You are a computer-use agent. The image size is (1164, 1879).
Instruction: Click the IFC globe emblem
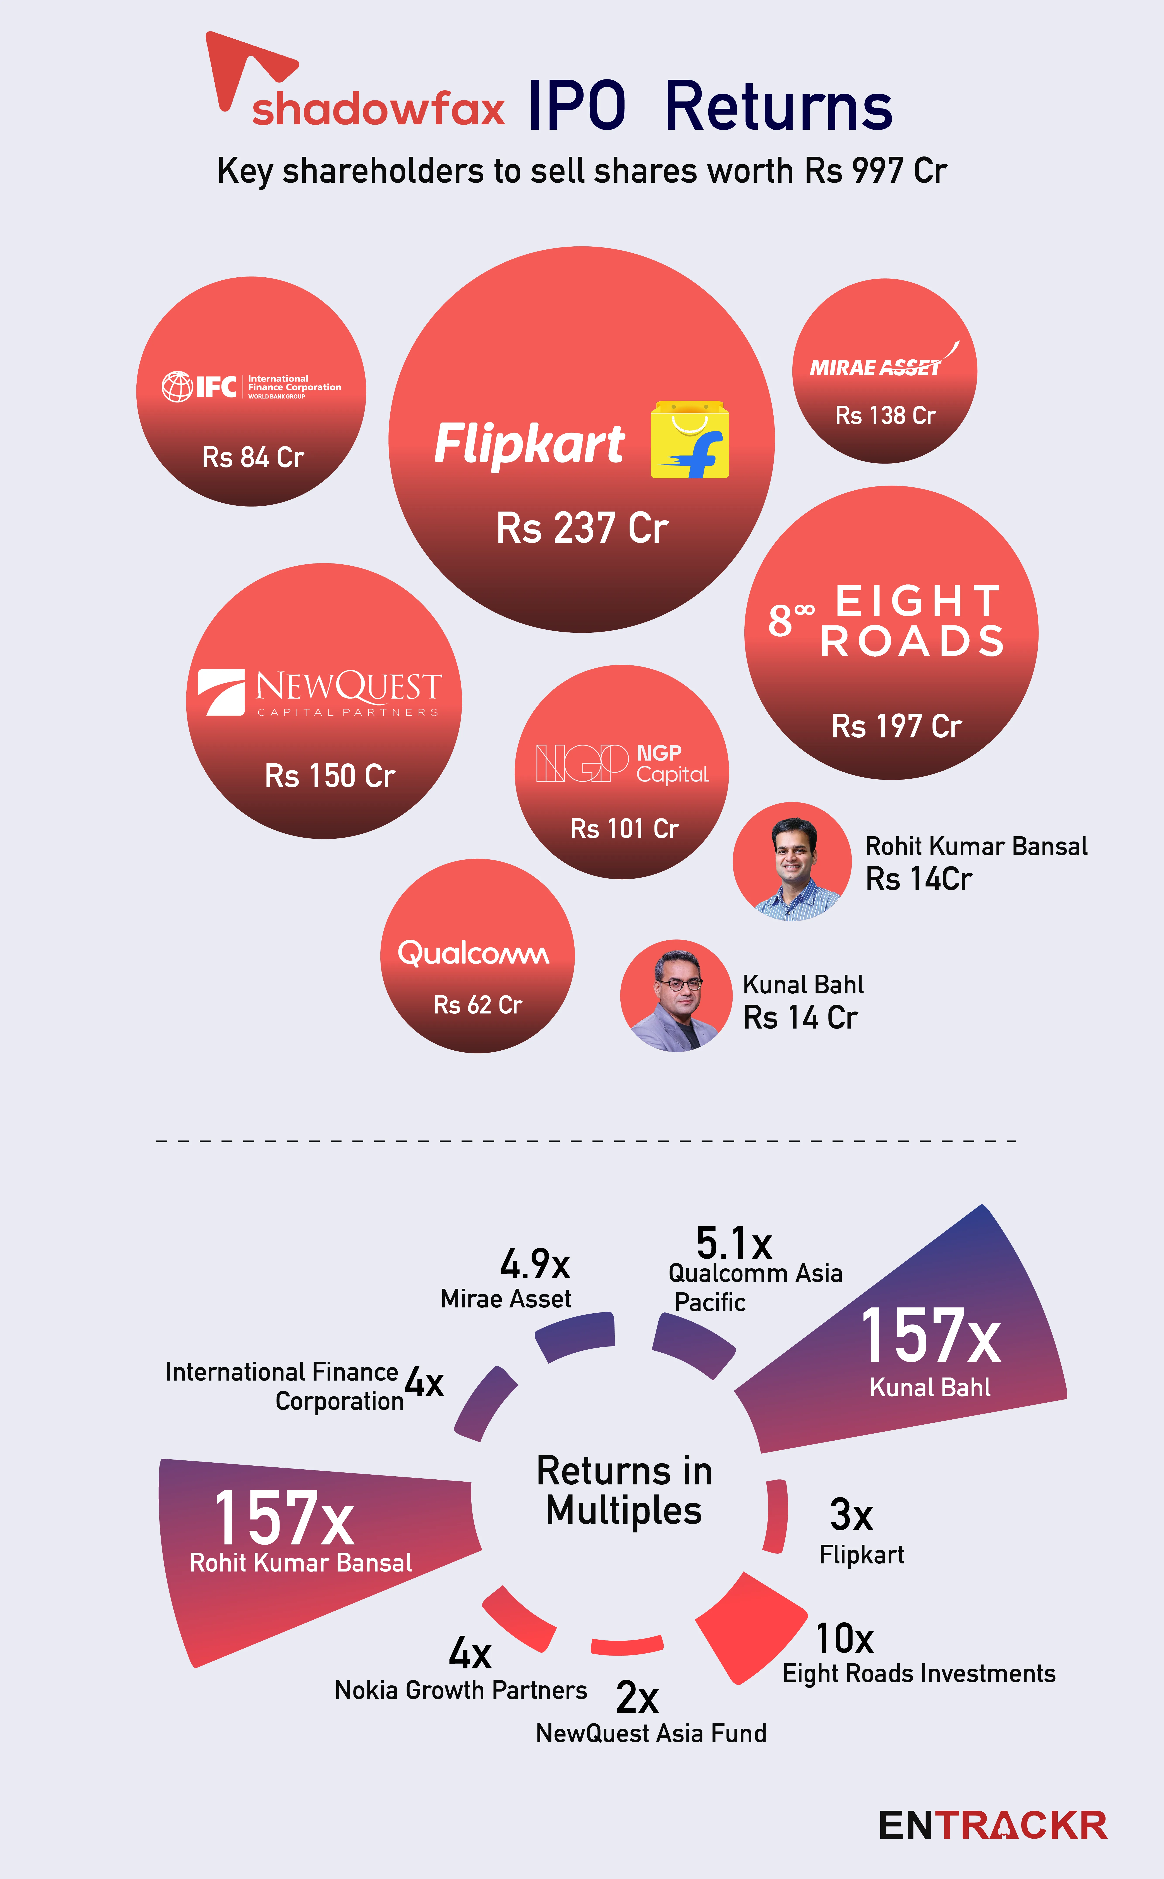click(x=177, y=386)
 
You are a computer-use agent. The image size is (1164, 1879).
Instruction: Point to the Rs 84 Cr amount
click(x=252, y=457)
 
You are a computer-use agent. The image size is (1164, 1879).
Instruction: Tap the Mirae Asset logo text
click(x=876, y=367)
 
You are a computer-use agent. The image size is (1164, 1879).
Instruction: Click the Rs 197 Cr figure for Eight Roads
click(x=896, y=726)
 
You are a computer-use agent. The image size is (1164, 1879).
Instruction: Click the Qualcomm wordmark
click(x=474, y=954)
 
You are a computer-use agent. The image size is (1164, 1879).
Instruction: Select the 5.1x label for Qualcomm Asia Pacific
click(x=734, y=1243)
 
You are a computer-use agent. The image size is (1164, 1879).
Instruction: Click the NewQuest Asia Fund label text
click(x=651, y=1733)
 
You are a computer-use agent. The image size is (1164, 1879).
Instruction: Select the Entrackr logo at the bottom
click(x=993, y=1825)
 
